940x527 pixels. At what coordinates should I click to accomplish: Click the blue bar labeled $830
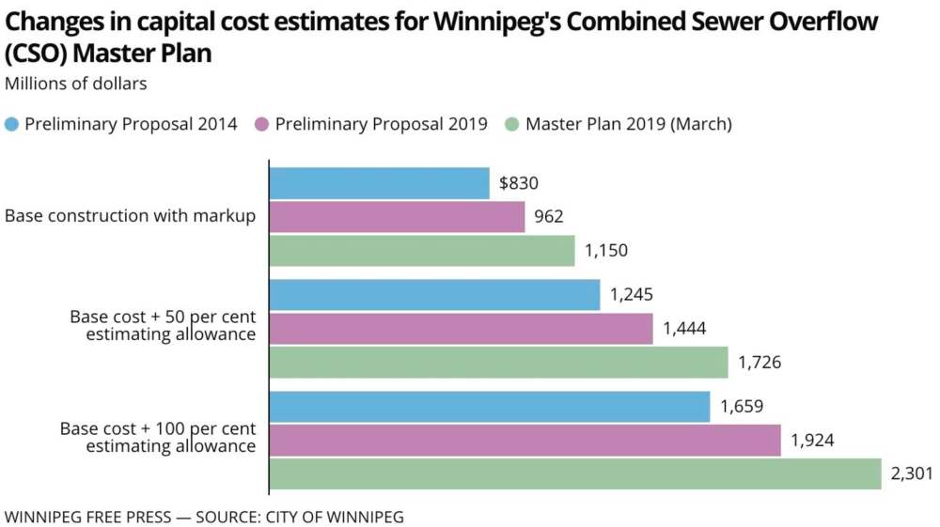(380, 183)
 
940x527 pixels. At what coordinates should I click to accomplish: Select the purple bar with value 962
(397, 217)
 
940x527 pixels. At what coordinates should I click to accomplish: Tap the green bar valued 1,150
(422, 251)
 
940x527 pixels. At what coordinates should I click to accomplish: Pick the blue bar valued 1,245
(434, 295)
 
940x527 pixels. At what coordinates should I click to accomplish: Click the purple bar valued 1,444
(461, 329)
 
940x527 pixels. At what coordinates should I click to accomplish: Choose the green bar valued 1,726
(498, 363)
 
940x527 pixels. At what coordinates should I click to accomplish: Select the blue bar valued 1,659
(490, 407)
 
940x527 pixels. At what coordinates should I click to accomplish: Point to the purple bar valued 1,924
(525, 441)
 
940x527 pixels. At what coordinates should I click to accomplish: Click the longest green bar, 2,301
(575, 474)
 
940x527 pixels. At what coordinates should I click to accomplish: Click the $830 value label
(519, 183)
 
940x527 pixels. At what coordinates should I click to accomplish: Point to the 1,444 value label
(684, 329)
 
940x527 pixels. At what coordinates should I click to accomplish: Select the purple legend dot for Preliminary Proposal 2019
(261, 124)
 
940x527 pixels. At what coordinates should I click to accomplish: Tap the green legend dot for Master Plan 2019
(511, 124)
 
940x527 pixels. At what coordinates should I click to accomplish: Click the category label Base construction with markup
(130, 216)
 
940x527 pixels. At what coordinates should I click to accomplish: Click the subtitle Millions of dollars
(76, 84)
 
